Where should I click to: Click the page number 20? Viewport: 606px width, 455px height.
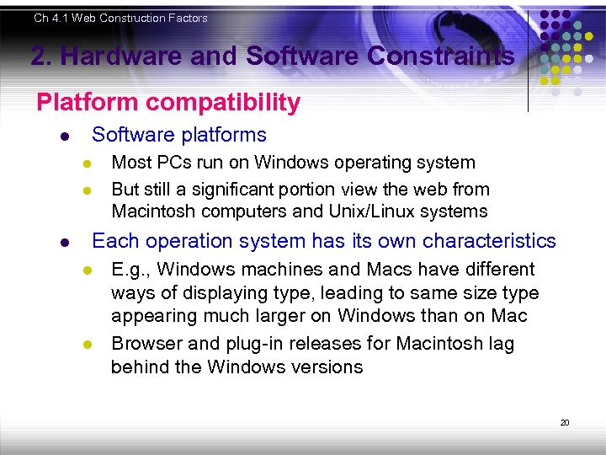[565, 422]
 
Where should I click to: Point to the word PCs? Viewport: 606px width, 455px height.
[173, 163]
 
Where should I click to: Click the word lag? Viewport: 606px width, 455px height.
[498, 344]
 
